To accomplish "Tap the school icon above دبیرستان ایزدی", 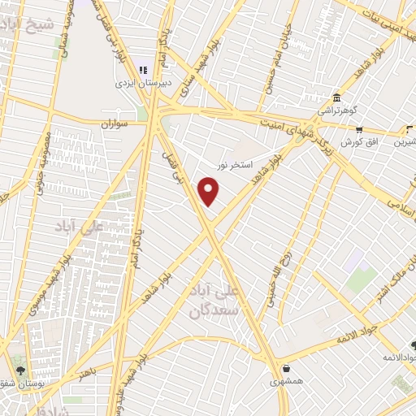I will (143, 71).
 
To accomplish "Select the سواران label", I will (115, 125).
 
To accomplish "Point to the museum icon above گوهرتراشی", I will (336, 97).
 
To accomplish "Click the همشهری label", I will (287, 379).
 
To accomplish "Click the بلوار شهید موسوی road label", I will (48, 280).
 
